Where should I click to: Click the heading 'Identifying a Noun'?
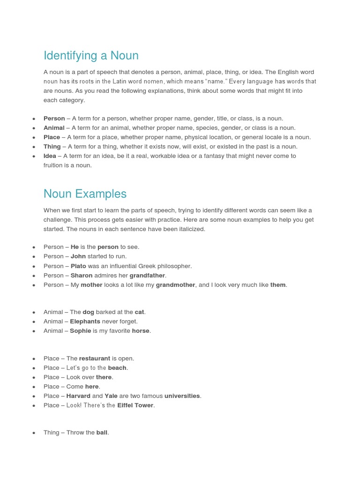tap(91, 56)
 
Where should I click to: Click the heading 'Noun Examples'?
tap(85, 194)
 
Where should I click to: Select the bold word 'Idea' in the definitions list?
tap(50, 156)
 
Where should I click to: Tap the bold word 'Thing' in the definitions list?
tap(52, 147)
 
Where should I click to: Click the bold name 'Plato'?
tap(78, 266)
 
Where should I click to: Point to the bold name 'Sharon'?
tap(82, 275)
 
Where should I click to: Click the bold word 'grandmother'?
tap(175, 285)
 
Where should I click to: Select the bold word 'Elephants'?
tap(85, 322)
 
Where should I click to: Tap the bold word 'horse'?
tap(141, 331)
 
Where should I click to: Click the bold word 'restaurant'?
tap(94, 359)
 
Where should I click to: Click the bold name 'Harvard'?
tap(78, 396)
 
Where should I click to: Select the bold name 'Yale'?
tap(111, 396)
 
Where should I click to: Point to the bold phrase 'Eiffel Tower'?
tap(135, 405)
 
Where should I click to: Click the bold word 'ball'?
tap(102, 433)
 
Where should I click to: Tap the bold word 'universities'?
tap(182, 396)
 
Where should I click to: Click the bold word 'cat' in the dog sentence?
tap(140, 312)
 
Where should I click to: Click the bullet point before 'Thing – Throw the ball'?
tap(34, 433)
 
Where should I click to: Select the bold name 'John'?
tap(78, 256)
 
